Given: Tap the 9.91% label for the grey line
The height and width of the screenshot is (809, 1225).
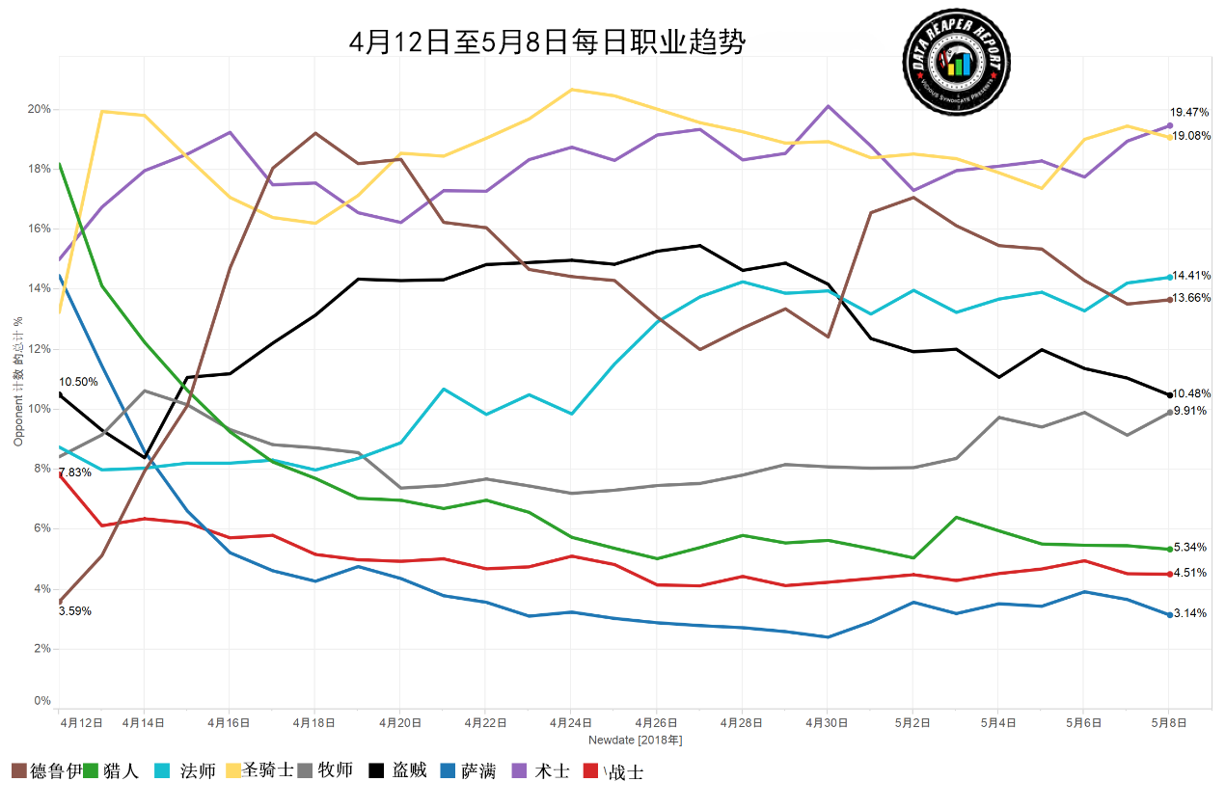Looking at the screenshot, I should [1190, 411].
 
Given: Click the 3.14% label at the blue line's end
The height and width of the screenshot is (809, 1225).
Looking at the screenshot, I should [1190, 613].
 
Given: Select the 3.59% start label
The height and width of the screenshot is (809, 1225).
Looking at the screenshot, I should [75, 611].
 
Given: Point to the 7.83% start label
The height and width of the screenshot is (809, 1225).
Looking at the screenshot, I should [75, 472].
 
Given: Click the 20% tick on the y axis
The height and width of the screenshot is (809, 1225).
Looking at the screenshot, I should [39, 109].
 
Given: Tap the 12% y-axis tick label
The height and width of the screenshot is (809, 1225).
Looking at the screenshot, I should [39, 349].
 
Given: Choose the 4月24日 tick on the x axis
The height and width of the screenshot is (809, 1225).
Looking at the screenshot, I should [570, 722].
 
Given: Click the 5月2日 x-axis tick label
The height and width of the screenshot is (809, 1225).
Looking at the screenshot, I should [912, 722].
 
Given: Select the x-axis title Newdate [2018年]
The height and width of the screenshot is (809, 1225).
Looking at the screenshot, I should [636, 740].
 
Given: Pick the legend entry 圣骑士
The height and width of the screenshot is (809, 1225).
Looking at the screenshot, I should [268, 771].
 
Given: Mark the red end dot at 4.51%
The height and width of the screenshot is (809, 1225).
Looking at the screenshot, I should [1169, 574].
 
